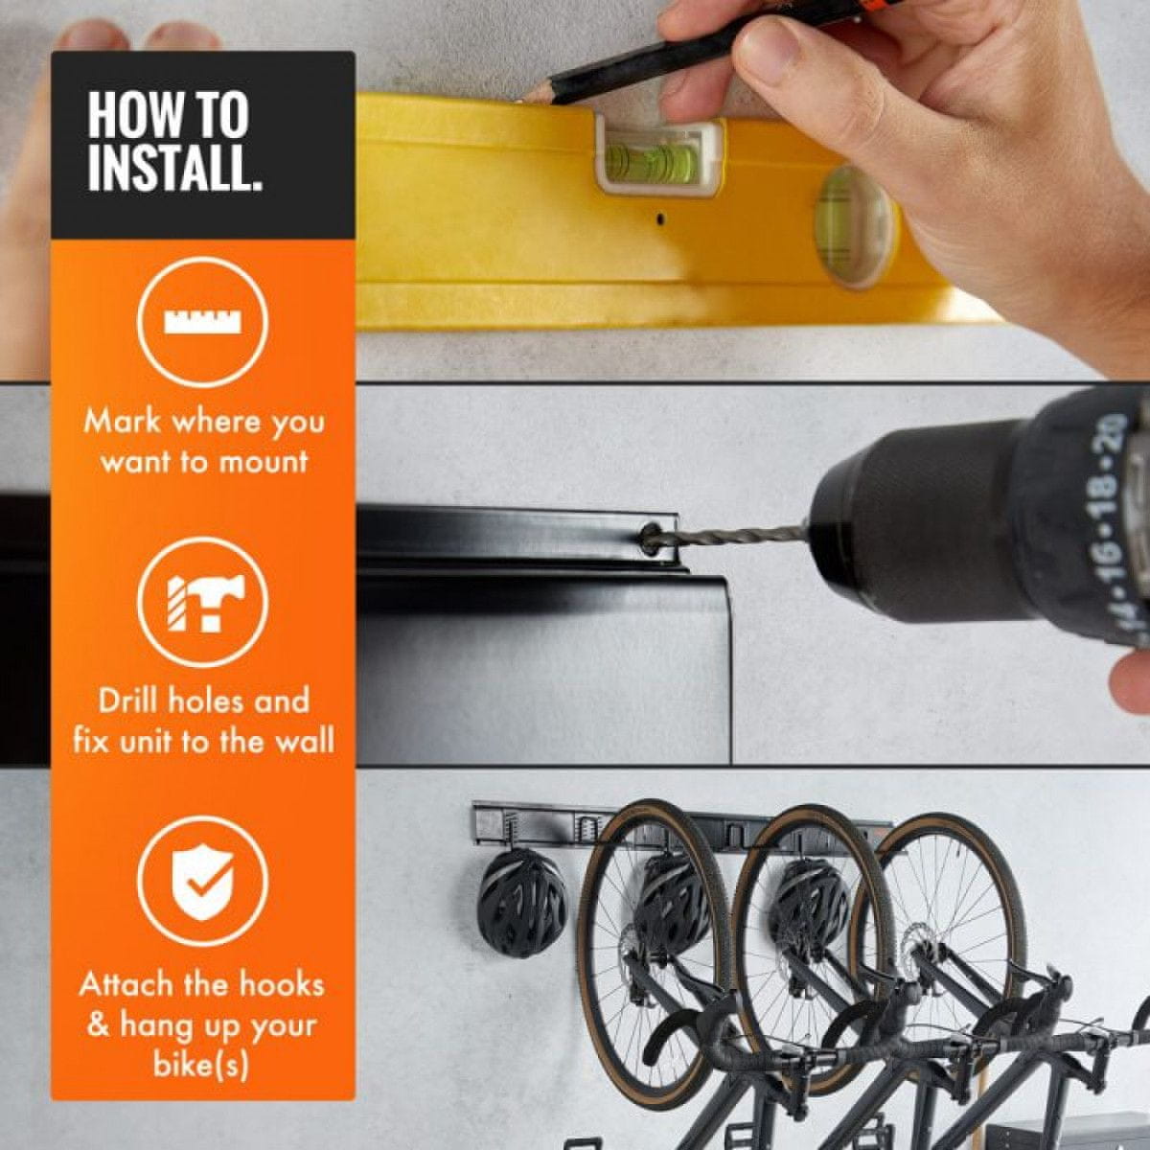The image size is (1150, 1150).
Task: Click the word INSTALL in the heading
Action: (174, 169)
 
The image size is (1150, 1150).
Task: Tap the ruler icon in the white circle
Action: (203, 323)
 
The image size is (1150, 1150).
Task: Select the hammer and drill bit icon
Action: (203, 604)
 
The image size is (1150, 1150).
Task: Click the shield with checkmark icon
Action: (203, 883)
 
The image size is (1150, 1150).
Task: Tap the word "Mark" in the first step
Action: (123, 422)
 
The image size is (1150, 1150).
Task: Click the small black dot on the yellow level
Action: (660, 218)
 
